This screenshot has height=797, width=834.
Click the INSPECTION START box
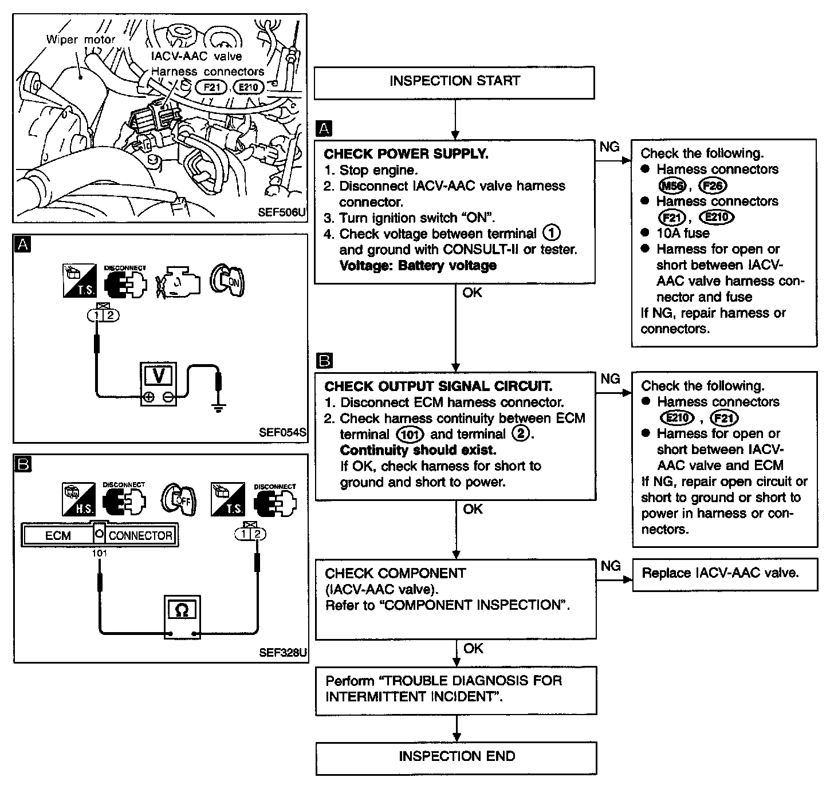pos(454,82)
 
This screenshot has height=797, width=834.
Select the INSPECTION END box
pos(457,757)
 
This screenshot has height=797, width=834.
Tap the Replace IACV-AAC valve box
pos(724,574)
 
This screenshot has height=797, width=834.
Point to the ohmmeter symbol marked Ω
pos(182,611)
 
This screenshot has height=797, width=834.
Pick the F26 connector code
pos(713,186)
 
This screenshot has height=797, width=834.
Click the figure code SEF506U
pos(281,212)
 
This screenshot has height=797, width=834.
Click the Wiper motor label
pos(81,40)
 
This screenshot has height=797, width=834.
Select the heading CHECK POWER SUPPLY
pos(406,154)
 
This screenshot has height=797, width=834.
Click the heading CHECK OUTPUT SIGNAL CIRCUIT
pos(438,386)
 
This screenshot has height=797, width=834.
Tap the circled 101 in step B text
pos(410,435)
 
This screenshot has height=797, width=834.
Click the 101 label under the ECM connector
pos(100,553)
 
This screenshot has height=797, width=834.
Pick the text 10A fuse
pos(683,234)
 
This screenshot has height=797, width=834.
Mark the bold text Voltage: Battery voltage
pos(418,266)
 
